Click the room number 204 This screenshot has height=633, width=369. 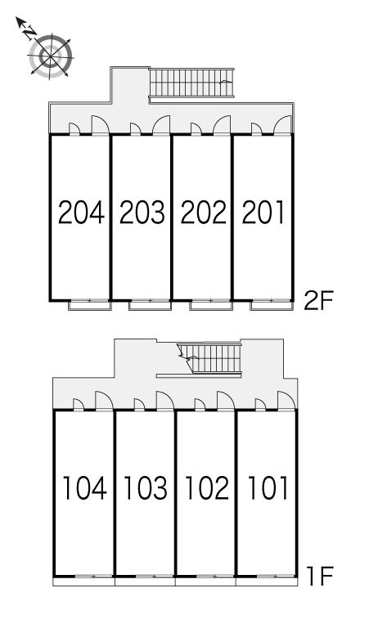coord(81,213)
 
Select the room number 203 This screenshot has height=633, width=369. coord(142,213)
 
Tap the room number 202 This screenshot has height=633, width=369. coord(203,213)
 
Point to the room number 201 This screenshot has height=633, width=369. coord(263,213)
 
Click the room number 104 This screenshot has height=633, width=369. coord(85,487)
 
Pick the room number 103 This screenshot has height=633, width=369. coord(146,487)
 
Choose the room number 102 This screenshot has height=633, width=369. coord(207,487)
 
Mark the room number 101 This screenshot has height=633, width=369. coord(268,487)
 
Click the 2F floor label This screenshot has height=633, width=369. coord(318,302)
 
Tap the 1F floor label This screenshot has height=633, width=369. coord(319,577)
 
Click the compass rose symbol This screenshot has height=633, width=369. coord(51,56)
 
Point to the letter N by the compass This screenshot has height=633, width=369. coord(29,33)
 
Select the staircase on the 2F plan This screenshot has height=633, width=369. coord(191,83)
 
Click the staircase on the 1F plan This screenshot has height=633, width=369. coord(210,358)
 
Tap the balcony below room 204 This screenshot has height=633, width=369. coord(90,305)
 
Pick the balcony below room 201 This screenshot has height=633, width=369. coord(272,305)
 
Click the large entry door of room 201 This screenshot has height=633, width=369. coord(282,125)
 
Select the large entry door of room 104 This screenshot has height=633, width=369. coord(104,401)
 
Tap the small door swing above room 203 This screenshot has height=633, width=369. coord(135,128)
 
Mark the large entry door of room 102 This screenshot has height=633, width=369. coord(226,401)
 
